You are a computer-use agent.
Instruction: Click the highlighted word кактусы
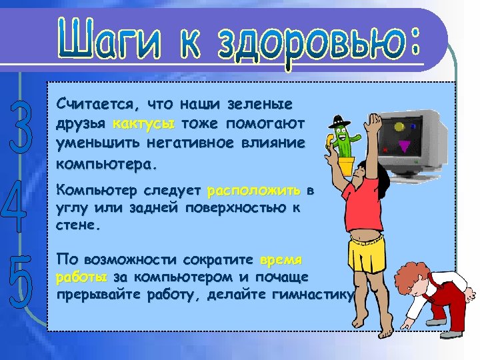coord(144,124)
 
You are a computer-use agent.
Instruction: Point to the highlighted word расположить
coord(254,192)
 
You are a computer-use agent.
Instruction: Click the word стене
coord(78,226)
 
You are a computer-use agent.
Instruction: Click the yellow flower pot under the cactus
coord(345,165)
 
